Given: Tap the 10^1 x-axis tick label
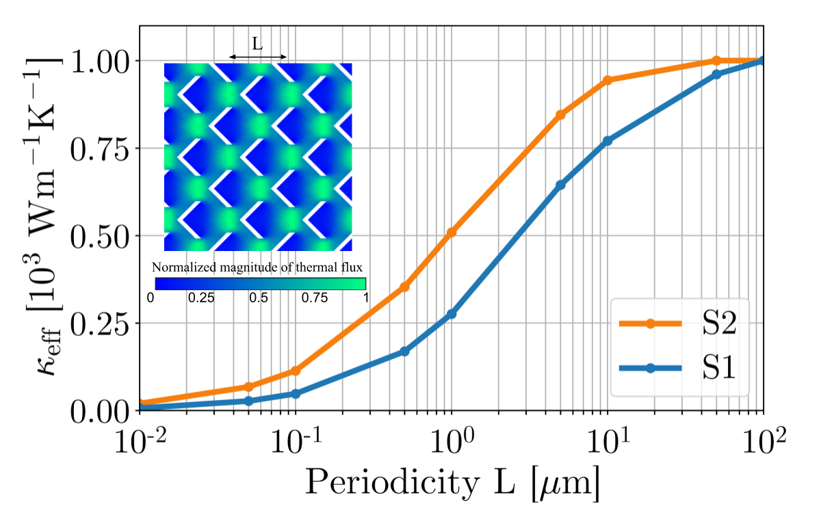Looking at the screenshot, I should point(607,438).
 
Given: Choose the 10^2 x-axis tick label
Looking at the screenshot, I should point(762,438).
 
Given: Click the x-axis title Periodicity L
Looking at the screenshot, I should point(452,482).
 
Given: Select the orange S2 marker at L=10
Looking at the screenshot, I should point(606,80).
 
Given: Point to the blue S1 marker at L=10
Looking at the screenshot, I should point(606,141).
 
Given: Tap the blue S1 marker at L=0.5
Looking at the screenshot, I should point(404,352).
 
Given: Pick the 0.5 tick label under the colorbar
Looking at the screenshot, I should point(259,298).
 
